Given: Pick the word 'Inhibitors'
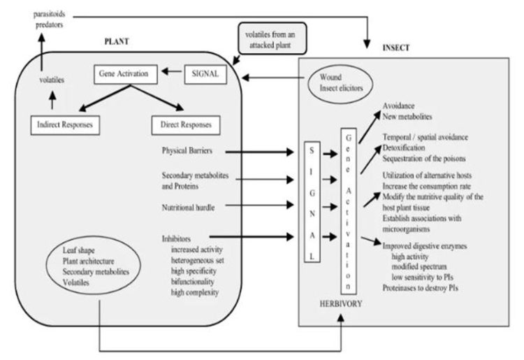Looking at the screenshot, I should (x=180, y=238).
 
